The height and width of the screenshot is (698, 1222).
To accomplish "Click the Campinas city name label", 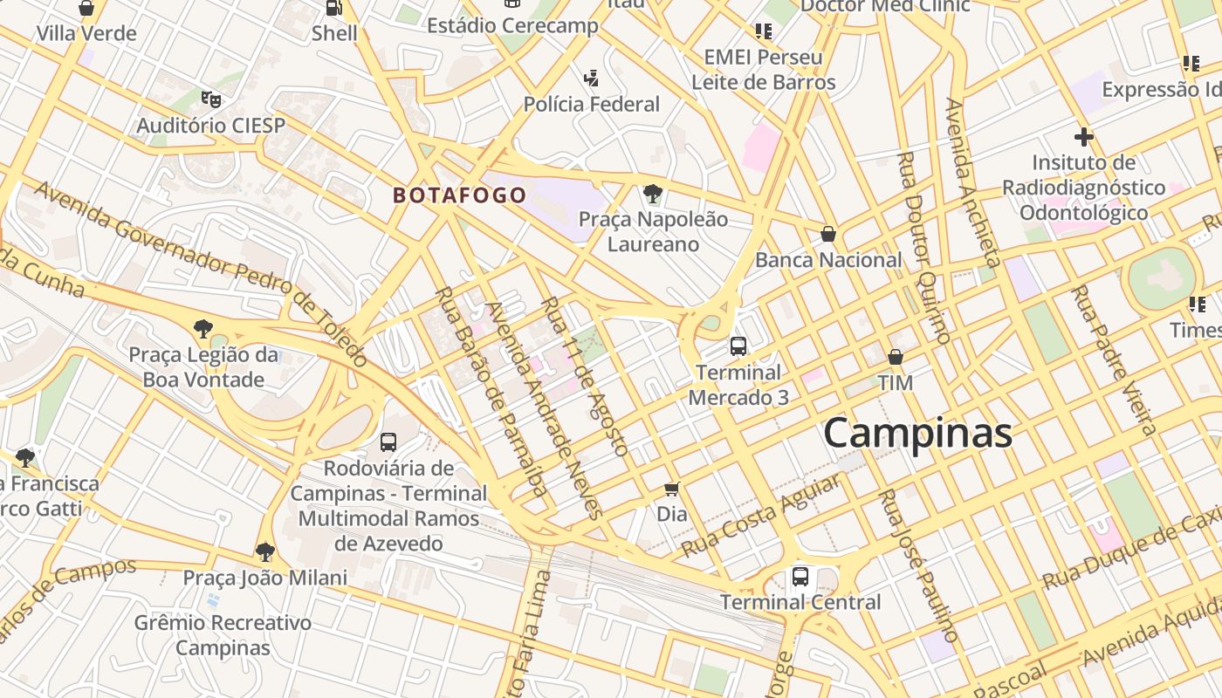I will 917,434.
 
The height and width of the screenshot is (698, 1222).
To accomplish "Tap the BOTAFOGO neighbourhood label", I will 459,195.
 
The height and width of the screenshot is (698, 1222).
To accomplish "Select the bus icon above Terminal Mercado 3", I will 738,346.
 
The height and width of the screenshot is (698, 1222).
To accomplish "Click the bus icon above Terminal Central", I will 800,577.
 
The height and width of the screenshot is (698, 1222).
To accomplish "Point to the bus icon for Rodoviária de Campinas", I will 388,442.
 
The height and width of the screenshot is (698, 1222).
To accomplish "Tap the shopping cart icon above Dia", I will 671,489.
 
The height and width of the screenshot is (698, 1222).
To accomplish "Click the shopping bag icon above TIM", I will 895,357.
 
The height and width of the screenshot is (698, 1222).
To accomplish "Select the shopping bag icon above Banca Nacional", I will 827,234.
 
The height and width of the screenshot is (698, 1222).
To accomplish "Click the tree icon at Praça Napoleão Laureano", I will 652,194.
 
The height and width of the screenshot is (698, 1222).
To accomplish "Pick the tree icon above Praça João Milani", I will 264,552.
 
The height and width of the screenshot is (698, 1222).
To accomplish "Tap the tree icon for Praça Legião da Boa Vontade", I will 203,329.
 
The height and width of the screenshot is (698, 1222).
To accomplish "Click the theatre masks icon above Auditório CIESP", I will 210,99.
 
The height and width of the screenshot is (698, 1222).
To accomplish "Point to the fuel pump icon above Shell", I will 333,8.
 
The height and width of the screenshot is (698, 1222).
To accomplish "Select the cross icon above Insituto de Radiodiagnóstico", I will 1083,137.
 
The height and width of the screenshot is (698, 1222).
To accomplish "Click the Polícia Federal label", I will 591,105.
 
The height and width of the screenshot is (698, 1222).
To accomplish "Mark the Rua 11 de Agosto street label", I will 584,376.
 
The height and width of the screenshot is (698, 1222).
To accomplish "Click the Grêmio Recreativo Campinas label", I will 223,635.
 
